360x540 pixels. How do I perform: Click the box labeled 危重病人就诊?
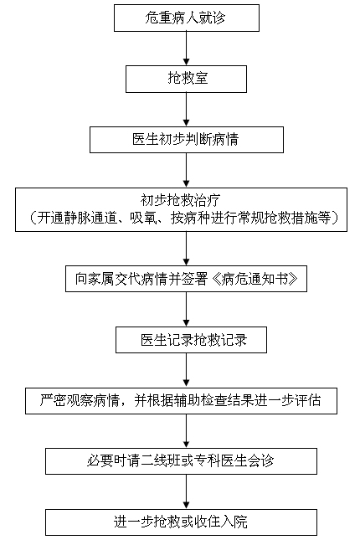point(187,18)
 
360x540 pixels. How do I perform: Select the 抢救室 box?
point(186,79)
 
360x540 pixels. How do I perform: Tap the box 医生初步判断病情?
point(187,140)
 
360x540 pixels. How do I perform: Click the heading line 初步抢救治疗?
point(180,200)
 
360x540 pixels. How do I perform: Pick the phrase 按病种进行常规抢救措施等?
point(251,218)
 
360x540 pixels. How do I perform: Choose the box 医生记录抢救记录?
point(191,340)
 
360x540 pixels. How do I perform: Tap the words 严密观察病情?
point(80,401)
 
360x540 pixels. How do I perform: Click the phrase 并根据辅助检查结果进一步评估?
point(228,401)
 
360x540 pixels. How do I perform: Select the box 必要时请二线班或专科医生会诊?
point(181,461)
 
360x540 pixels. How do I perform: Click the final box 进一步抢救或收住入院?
point(181,522)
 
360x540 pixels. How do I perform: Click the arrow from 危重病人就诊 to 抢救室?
point(187,49)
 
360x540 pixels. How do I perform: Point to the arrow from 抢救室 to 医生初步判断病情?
point(187,110)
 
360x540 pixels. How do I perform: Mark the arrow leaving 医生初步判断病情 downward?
point(187,171)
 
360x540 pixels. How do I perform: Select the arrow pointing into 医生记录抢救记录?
point(187,310)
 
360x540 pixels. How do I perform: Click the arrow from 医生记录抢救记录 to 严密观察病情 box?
point(187,370)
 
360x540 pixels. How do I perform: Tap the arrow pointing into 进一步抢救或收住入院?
point(187,491)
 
